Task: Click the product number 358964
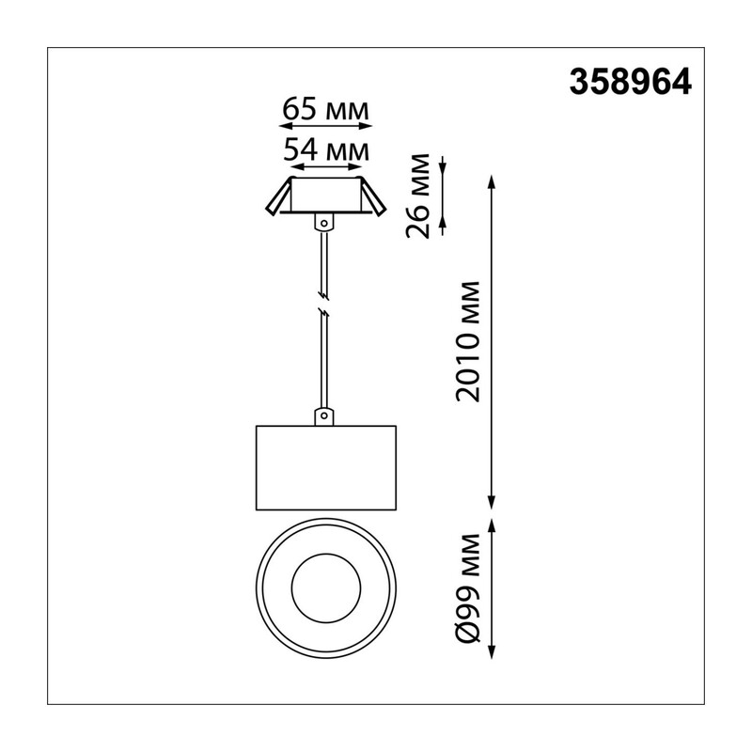tap(630, 82)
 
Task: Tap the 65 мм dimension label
tap(325, 109)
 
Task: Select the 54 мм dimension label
tap(326, 149)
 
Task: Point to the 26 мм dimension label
tap(417, 196)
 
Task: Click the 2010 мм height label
tap(467, 342)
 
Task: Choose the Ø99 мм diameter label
tap(467, 588)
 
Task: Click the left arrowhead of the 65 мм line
tap(285, 126)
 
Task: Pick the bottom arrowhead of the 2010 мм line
tap(491, 502)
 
